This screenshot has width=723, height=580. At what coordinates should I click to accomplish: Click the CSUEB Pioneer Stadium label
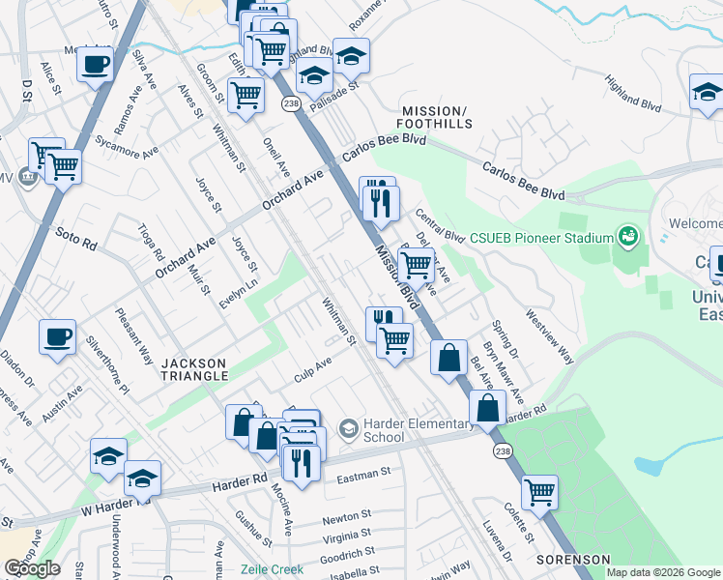click(541, 237)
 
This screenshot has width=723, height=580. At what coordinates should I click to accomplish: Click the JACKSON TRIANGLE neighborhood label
click(193, 369)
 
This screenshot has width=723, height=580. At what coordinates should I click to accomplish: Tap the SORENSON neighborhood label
click(574, 560)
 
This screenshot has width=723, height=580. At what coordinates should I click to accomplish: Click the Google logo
click(32, 568)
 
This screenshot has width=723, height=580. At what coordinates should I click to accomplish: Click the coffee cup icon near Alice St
click(96, 65)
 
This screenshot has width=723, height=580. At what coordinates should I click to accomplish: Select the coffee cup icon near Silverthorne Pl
click(57, 337)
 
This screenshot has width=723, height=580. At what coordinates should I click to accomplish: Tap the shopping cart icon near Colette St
click(539, 491)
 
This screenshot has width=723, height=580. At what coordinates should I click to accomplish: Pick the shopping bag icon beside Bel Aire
click(449, 358)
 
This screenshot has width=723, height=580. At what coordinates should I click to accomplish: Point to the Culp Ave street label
click(312, 368)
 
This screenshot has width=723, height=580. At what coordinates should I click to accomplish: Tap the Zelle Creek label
click(273, 569)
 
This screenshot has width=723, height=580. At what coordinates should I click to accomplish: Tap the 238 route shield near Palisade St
click(289, 101)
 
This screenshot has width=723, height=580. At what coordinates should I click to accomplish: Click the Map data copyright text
click(663, 572)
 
